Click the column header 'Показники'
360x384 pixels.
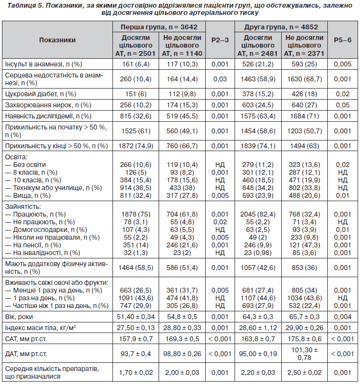click(57, 40)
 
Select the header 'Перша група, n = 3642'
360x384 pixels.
click(159, 26)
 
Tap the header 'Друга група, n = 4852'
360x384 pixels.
click(281, 26)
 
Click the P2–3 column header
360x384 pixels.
click(220, 40)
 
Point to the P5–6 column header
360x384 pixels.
click(343, 40)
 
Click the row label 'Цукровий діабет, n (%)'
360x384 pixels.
click(40, 94)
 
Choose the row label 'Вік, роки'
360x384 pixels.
click(19, 317)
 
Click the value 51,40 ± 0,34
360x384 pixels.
click(136, 317)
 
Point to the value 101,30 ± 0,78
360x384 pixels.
click(304, 354)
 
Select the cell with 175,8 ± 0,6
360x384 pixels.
click(304, 339)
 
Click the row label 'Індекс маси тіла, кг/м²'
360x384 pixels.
click(40, 328)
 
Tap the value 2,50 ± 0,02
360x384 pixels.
click(304, 372)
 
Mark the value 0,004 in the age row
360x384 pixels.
click(343, 317)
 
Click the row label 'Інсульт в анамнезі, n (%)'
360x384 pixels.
click(44, 64)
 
